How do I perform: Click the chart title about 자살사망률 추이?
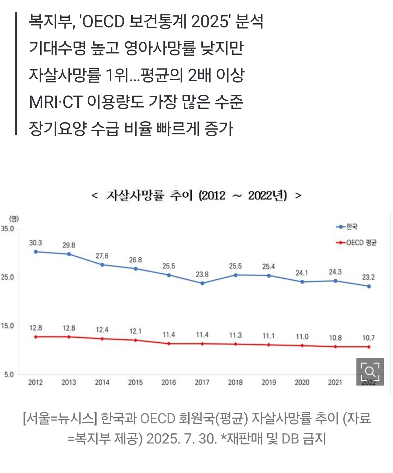(196, 196)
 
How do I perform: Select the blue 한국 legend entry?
(347, 227)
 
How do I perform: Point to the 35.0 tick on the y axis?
(8, 229)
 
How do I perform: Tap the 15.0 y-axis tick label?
(8, 326)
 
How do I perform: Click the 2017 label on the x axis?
(202, 382)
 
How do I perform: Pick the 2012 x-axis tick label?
(35, 382)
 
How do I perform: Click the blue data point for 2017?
(202, 283)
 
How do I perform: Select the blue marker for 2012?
(36, 252)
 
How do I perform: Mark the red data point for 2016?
(169, 344)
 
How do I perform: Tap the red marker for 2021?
(335, 346)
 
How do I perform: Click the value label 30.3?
(35, 243)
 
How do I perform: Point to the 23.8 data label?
(202, 274)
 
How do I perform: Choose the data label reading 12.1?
(135, 331)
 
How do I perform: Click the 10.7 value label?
(368, 338)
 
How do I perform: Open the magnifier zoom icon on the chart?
(370, 372)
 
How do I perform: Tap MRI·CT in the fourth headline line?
(55, 102)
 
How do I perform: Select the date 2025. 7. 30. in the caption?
(182, 439)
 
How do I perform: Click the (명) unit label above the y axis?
(14, 219)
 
